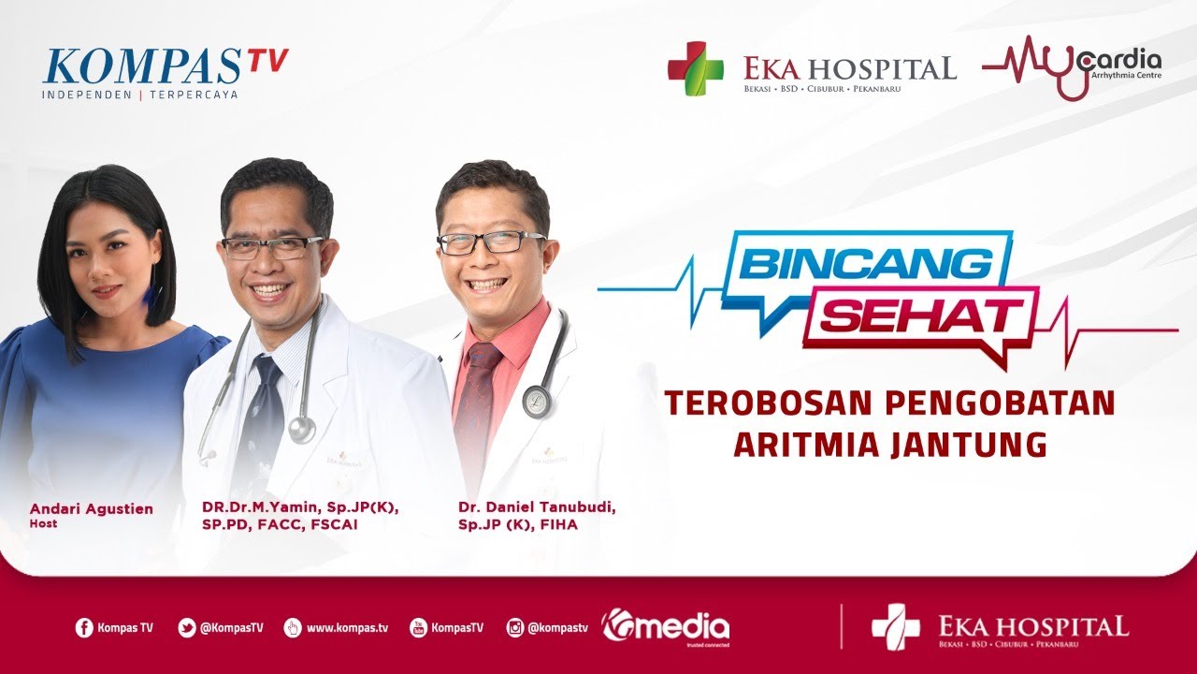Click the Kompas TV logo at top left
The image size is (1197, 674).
(x=165, y=69)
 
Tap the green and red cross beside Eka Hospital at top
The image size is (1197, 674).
(x=695, y=68)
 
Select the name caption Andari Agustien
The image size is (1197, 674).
(x=92, y=508)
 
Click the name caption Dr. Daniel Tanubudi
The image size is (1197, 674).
(x=537, y=507)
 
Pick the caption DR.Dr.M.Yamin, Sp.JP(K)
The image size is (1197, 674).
(x=300, y=507)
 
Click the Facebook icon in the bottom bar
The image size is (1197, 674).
(x=84, y=628)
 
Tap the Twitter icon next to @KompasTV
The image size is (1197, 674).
(x=187, y=628)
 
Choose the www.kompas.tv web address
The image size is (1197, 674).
(x=346, y=628)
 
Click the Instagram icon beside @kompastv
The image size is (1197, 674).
(x=514, y=628)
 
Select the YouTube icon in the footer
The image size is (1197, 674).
(x=418, y=628)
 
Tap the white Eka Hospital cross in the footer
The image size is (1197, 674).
(x=895, y=626)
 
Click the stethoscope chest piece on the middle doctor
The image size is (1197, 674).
(x=301, y=430)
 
